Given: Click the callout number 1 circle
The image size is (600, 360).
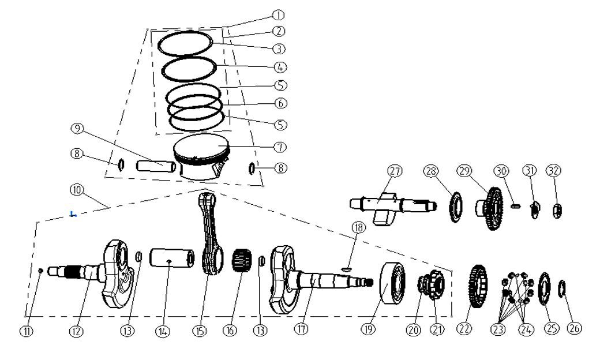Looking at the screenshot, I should coord(279,14).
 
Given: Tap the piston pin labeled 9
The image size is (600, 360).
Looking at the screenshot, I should coord(155,167).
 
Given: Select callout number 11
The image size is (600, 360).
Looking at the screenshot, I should coord(27,331).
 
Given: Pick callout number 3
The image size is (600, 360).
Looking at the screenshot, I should coord(279,49).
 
